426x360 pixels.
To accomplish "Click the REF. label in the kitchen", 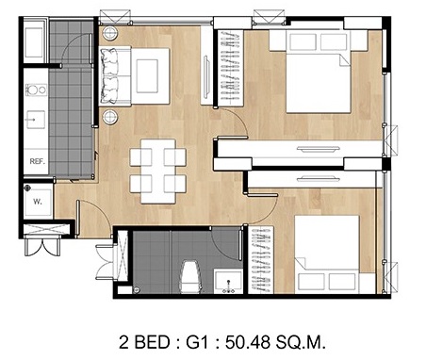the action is (x=38, y=161).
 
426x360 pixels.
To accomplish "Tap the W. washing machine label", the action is (x=38, y=202).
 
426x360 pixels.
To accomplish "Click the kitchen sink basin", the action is (x=36, y=120).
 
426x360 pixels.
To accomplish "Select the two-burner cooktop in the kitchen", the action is (x=36, y=90).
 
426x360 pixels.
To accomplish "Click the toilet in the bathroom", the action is (x=189, y=277).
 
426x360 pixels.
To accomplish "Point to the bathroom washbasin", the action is (x=228, y=281).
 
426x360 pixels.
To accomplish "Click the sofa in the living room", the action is (x=115, y=76).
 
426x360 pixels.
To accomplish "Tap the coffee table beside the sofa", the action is (x=150, y=76).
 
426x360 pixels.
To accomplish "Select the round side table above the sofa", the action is (x=110, y=33).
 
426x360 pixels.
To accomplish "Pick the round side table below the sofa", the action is (x=110, y=117).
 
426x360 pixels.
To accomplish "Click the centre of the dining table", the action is (x=157, y=171).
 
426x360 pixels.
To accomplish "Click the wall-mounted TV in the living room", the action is (x=206, y=76).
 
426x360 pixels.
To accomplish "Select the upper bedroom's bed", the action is (x=319, y=72).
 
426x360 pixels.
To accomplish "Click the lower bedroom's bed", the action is (x=327, y=254).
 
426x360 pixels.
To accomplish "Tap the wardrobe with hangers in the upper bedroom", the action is (x=231, y=67).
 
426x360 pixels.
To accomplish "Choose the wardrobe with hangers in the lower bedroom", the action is (x=260, y=260).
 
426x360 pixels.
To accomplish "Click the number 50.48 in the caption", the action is (x=246, y=342).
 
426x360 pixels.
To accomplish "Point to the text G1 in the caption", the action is (x=197, y=342).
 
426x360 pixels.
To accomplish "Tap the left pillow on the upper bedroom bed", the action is (x=303, y=41).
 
